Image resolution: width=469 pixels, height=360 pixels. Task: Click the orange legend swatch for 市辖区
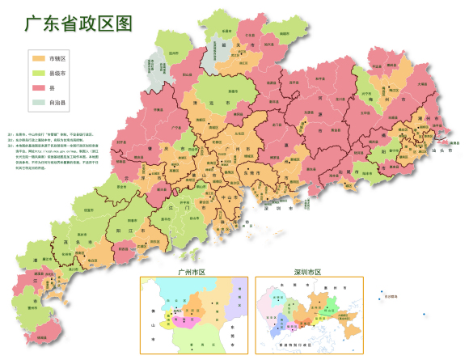click(x=39, y=59)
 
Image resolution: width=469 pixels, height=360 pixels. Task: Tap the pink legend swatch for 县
click(x=39, y=87)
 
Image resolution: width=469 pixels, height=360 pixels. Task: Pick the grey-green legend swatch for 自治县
click(x=39, y=102)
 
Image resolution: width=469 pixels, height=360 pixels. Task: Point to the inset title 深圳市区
click(x=307, y=272)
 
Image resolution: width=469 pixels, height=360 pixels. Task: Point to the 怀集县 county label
click(x=158, y=110)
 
